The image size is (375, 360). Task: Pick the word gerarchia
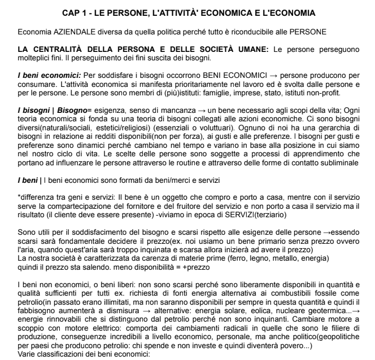click(x=345, y=131)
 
